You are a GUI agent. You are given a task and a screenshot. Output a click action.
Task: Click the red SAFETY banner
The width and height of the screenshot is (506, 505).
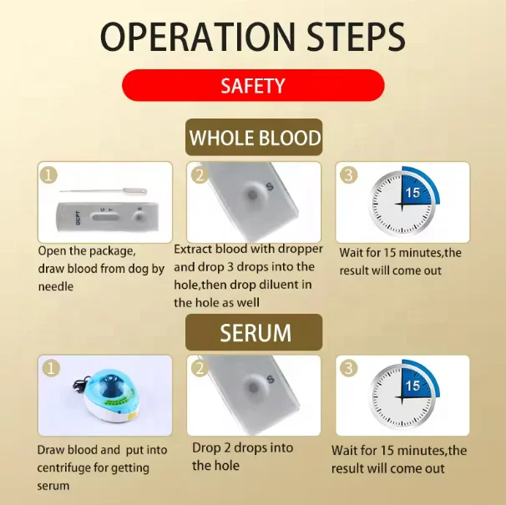pos(252,85)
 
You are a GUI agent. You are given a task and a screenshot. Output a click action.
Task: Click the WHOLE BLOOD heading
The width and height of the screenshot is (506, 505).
pos(254,138)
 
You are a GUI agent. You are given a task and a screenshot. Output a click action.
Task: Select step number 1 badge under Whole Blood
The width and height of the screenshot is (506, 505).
pos(50,175)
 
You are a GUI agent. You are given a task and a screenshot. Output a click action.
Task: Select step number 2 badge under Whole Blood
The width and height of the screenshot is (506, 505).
pos(200,175)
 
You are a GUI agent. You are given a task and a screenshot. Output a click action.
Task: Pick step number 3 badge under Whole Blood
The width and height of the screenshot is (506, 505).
pos(349,175)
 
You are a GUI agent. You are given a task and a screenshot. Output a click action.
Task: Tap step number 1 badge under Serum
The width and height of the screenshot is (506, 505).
pos(50,368)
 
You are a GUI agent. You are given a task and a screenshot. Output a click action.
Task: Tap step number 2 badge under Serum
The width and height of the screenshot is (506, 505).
pos(200,368)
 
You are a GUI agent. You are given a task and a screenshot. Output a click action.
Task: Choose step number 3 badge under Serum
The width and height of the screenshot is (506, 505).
pos(349,368)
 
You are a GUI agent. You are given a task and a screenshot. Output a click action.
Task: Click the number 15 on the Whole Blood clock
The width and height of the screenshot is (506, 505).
pos(412,193)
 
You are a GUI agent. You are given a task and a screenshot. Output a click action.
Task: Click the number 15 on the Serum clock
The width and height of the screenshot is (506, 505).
pos(412,386)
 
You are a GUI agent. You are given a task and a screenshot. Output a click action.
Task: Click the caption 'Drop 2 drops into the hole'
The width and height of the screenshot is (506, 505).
pos(242,457)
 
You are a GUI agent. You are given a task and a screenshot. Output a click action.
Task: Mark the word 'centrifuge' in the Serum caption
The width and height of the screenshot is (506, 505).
pos(66,467)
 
